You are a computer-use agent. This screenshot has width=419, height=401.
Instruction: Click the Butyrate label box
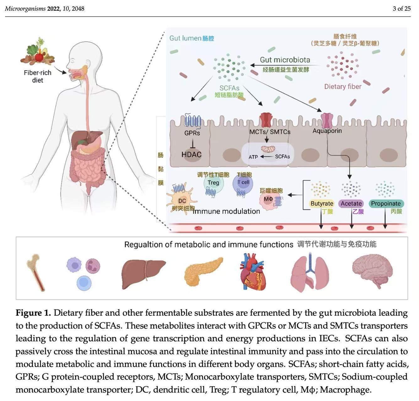[322, 203]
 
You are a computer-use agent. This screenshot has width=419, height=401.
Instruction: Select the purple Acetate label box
[351, 203]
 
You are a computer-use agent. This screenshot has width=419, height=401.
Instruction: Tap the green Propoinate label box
[386, 203]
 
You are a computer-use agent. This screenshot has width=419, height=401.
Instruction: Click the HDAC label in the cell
[191, 154]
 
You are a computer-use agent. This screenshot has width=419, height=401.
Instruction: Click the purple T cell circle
[243, 182]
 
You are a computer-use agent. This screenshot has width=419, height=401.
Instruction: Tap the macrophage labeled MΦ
[268, 199]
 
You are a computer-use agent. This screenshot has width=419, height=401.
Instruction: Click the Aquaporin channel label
[327, 131]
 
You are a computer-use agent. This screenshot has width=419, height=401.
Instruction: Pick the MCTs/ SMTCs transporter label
[270, 132]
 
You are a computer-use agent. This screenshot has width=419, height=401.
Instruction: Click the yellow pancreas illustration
[203, 271]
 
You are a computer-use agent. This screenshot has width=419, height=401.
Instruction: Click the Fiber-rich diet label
[38, 76]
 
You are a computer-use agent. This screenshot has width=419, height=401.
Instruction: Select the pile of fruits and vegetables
[38, 53]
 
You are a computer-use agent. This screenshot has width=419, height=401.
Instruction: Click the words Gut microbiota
[285, 60]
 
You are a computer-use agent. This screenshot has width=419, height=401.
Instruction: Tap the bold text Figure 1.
[33, 313]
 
